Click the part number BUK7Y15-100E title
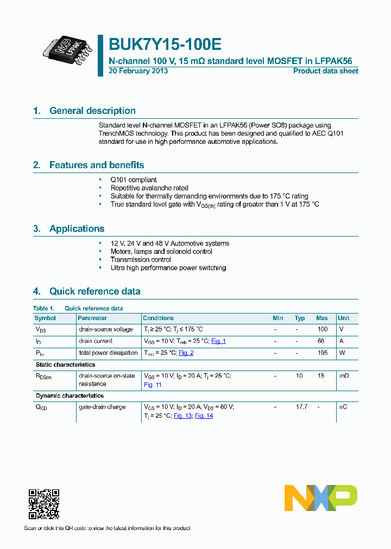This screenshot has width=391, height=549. pos(165,44)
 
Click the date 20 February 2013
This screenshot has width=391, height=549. pos(138,71)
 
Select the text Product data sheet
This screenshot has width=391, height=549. pos(325,71)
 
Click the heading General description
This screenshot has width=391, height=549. pos(92,111)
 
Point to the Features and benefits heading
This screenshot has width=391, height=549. pos(97,165)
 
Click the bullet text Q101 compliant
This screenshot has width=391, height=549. pos(134,180)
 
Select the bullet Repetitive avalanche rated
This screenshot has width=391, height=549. pos(149,188)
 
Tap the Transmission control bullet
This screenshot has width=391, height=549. pos(141,259)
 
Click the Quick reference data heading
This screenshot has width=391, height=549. pos(94,291)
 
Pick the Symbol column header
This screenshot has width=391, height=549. pos(45,318)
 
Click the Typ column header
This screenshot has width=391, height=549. pos(300,318)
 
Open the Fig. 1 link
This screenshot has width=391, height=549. pos(218,341)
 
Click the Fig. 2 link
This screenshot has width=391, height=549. pos(186,353)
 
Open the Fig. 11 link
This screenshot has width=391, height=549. pos(153,385)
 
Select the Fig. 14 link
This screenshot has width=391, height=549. pos(204,416)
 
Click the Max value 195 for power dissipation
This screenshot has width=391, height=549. pos(322,353)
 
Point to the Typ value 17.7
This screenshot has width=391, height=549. pos(300,407)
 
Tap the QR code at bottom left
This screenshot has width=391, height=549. pos(43,505)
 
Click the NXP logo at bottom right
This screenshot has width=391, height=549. pos(321,498)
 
